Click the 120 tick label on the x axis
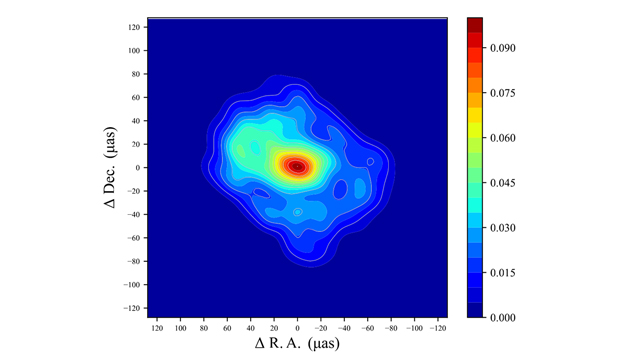click(157, 327)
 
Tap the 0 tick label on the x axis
click(297, 327)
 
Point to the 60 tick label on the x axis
click(227, 327)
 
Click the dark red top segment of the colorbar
click(475, 25)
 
